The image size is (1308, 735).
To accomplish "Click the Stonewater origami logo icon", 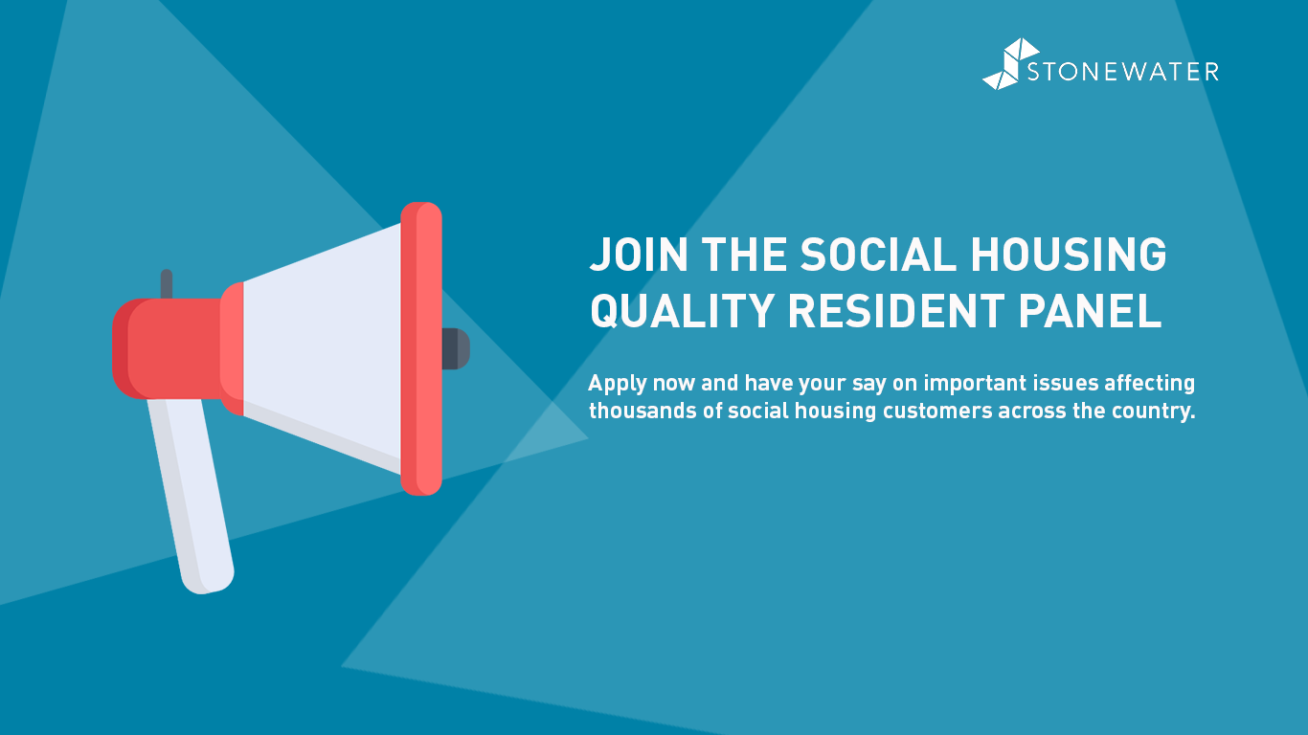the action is [1010, 64].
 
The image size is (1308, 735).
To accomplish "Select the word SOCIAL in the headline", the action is [878, 255].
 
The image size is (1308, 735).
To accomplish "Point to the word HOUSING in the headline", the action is [1069, 255].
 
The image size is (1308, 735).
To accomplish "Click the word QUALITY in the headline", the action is [683, 311].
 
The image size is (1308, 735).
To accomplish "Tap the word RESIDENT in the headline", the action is [896, 311].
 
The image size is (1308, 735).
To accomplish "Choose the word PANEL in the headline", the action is [1090, 311].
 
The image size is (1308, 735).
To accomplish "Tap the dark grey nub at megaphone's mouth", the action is [456, 348].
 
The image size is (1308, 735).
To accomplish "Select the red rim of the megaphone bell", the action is [421, 348].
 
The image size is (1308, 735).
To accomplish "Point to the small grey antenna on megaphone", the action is [167, 284].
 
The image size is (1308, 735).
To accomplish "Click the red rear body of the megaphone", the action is [169, 348].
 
